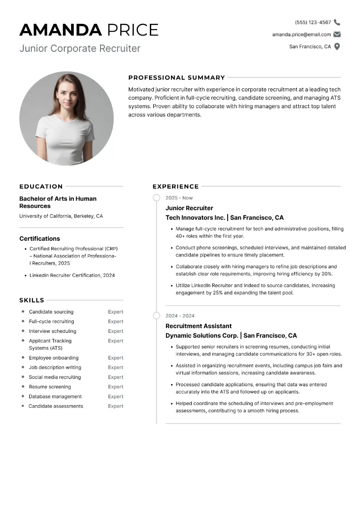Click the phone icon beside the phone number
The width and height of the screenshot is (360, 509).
337,22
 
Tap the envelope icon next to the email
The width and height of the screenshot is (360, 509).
337,34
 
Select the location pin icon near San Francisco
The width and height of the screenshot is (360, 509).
337,46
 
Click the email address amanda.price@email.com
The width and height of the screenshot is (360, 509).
301,34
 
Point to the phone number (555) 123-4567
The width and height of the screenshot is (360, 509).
313,22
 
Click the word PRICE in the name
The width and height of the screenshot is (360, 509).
132,30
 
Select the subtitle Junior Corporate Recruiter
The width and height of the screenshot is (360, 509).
80,48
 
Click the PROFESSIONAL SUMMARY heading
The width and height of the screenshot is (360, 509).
176,77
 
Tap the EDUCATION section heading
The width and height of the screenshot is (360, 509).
41,186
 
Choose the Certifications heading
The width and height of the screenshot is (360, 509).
40,239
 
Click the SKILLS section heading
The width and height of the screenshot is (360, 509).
31,300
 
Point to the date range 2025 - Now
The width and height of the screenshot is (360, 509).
179,198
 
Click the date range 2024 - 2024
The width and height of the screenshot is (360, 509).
180,316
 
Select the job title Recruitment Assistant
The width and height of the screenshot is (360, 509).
198,326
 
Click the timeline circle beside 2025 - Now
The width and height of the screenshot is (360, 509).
157,198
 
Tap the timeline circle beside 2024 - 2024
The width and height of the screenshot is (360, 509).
157,315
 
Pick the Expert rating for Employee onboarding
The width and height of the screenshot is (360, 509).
116,358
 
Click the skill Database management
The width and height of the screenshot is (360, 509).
55,396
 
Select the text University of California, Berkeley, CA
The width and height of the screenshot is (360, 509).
61,216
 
